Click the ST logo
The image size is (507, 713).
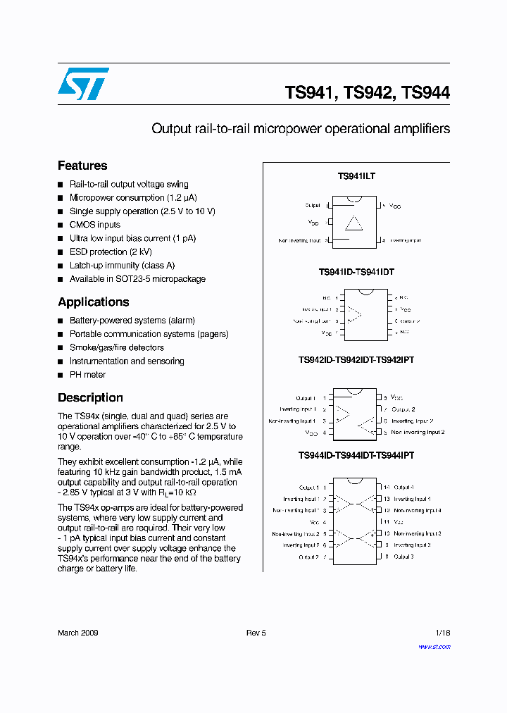pos(83,84)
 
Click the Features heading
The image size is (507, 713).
pos(82,166)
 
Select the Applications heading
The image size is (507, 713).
pos(94,302)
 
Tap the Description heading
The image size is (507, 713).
pos(90,398)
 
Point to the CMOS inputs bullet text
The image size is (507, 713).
pos(95,225)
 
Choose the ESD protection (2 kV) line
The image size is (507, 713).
pos(111,252)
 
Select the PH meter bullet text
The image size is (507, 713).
pos(87,375)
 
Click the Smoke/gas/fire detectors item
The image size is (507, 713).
pos(117,347)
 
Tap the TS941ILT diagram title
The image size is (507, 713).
pos(356,176)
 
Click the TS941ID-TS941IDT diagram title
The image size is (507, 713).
pos(356,272)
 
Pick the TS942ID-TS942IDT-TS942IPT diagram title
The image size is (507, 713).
pos(356,360)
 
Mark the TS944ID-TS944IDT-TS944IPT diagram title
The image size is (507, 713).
pos(356,456)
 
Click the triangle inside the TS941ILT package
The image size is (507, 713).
pos(353,223)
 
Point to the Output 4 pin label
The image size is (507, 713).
pos(403,488)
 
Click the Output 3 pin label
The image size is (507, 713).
pos(403,557)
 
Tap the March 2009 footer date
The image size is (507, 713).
pos(77,633)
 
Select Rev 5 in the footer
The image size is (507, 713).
pos(256,633)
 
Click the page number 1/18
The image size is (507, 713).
pos(443,633)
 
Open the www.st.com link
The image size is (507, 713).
pos(434,647)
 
